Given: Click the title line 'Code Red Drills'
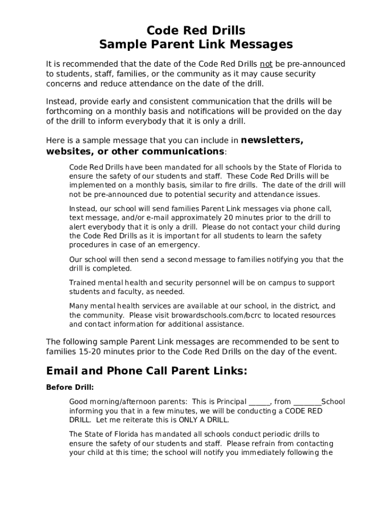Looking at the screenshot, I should [196, 31].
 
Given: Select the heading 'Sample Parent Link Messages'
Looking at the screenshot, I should [196, 45].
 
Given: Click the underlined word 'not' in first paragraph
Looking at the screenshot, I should [266, 64].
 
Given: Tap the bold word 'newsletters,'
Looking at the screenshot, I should [272, 140].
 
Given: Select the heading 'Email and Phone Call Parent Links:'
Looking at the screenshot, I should [147, 371].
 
